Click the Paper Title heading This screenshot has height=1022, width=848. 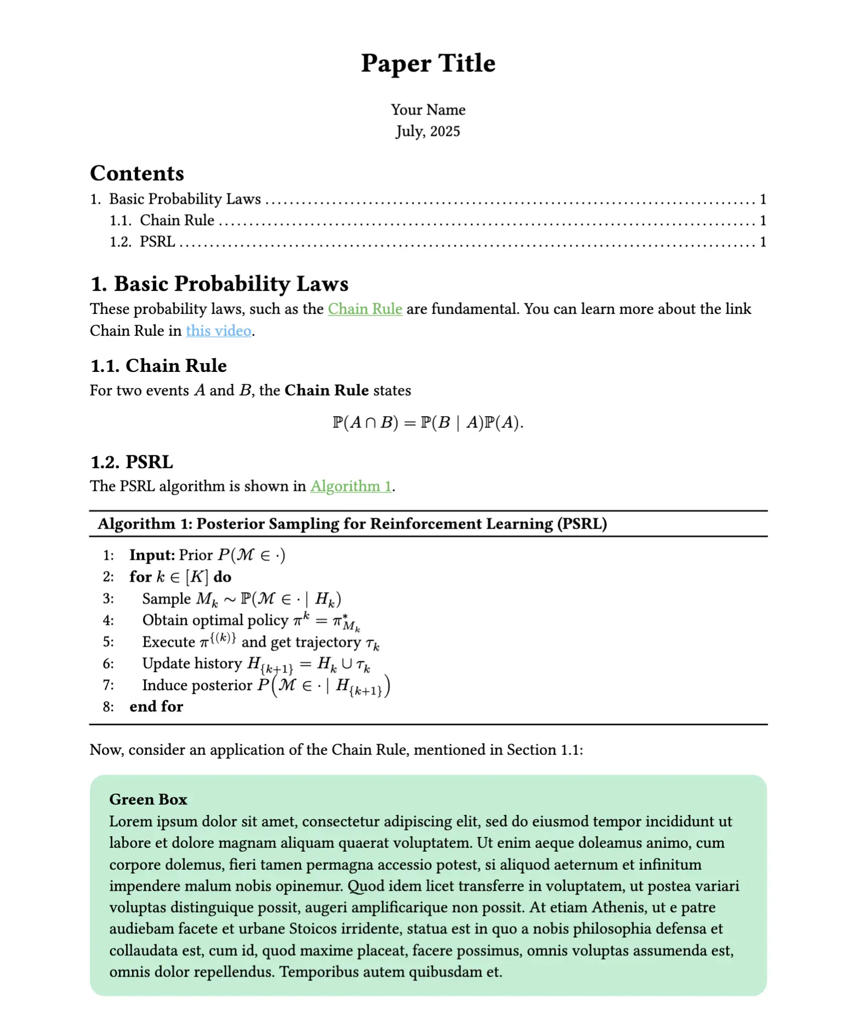click(428, 64)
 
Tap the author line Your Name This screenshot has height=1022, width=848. click(428, 110)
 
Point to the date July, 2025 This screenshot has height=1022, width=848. click(428, 131)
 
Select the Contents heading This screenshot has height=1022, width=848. click(137, 174)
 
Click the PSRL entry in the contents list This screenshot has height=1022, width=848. click(157, 242)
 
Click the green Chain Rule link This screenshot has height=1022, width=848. click(365, 309)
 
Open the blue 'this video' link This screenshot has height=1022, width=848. click(219, 331)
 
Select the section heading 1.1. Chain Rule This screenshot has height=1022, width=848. click(158, 366)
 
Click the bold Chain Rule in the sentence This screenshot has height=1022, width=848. click(326, 391)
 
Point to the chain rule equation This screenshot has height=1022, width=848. click(428, 423)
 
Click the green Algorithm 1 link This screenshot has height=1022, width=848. click(351, 486)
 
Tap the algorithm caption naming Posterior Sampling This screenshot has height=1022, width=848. click(352, 524)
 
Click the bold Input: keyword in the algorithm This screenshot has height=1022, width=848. click(152, 555)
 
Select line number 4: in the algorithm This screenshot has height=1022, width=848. click(108, 621)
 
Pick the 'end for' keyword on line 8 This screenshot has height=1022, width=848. click(156, 707)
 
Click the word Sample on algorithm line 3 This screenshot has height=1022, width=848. click(167, 599)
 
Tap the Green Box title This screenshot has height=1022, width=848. click(148, 800)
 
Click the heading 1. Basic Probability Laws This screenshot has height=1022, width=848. click(219, 284)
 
